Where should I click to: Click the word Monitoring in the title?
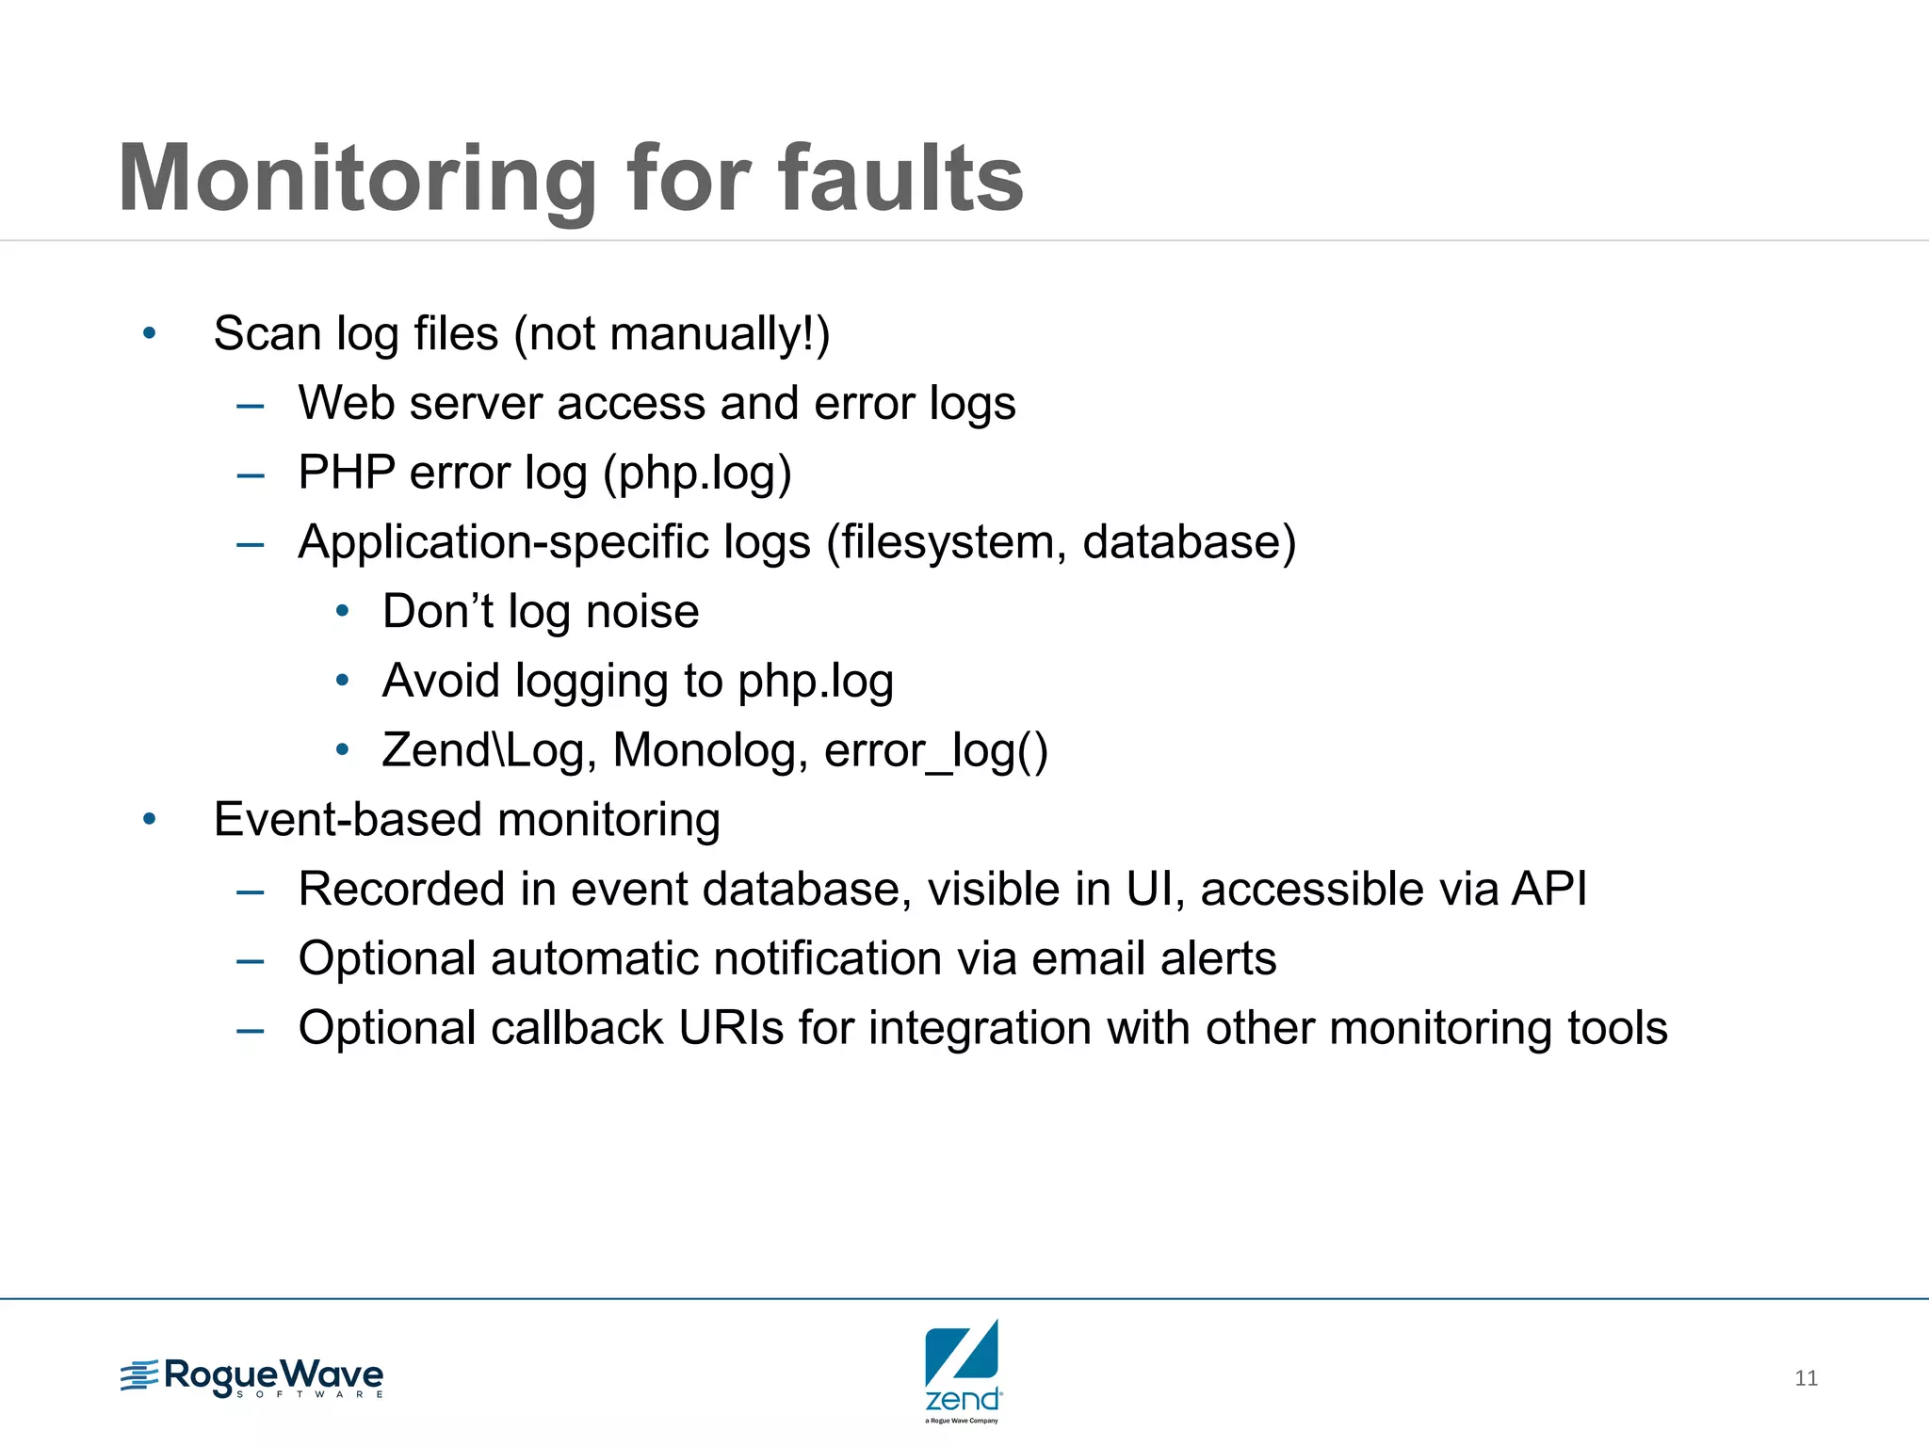click(357, 179)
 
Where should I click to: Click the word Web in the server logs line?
click(345, 403)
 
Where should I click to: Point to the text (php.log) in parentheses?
click(697, 474)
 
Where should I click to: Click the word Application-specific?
click(554, 542)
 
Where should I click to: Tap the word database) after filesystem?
click(1189, 542)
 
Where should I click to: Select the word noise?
click(642, 612)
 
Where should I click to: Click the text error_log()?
click(935, 751)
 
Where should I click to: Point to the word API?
click(1548, 889)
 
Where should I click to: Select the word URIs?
click(731, 1028)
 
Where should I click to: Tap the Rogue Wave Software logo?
click(252, 1378)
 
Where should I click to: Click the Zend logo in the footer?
click(963, 1370)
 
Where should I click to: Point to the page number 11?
click(1806, 1378)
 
